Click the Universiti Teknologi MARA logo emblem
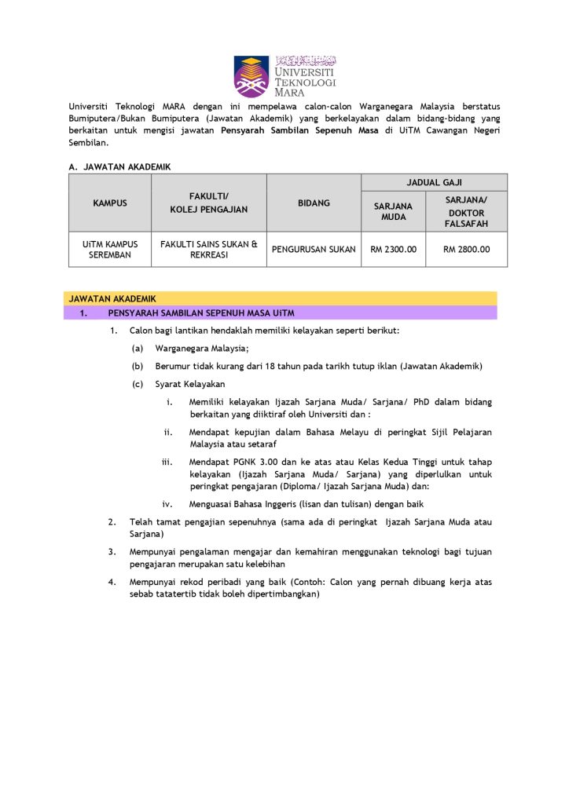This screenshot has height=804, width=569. pyautogui.click(x=251, y=75)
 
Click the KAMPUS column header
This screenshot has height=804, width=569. pyautogui.click(x=110, y=203)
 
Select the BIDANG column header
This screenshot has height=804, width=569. pyautogui.click(x=314, y=203)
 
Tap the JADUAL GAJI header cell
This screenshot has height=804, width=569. pyautogui.click(x=434, y=182)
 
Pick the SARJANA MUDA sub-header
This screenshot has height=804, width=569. pyautogui.click(x=393, y=211)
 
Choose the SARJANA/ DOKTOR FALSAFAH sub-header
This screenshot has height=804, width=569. pyautogui.click(x=466, y=212)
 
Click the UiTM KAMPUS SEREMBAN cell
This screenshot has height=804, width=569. pyautogui.click(x=110, y=250)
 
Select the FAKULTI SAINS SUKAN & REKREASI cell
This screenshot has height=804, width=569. pyautogui.click(x=209, y=250)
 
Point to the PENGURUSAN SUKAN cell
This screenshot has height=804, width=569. pyautogui.click(x=314, y=250)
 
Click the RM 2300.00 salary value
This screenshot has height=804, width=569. pyautogui.click(x=393, y=250)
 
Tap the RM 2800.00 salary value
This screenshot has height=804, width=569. pyautogui.click(x=466, y=250)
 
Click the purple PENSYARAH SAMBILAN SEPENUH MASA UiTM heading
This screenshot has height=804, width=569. pyautogui.click(x=201, y=313)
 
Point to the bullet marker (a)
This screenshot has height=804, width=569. pyautogui.click(x=138, y=349)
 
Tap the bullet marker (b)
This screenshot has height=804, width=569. pyautogui.click(x=138, y=366)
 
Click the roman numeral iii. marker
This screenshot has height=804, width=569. pyautogui.click(x=167, y=462)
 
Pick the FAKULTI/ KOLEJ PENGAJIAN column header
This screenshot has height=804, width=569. pyautogui.click(x=209, y=203)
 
